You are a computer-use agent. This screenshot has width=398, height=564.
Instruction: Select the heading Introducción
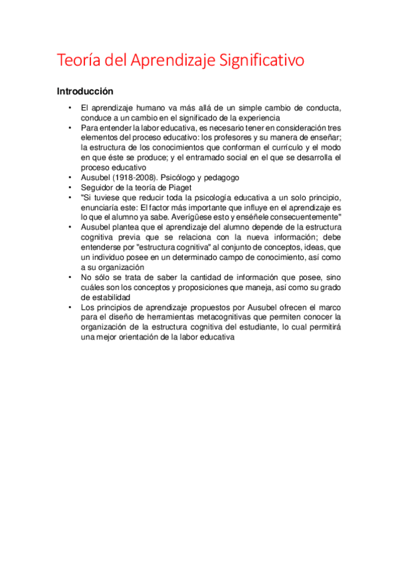click(85, 90)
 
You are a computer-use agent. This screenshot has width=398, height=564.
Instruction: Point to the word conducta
click(322, 108)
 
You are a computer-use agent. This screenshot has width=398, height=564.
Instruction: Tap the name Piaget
click(179, 188)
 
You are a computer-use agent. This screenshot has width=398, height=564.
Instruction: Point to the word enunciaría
click(103, 207)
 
